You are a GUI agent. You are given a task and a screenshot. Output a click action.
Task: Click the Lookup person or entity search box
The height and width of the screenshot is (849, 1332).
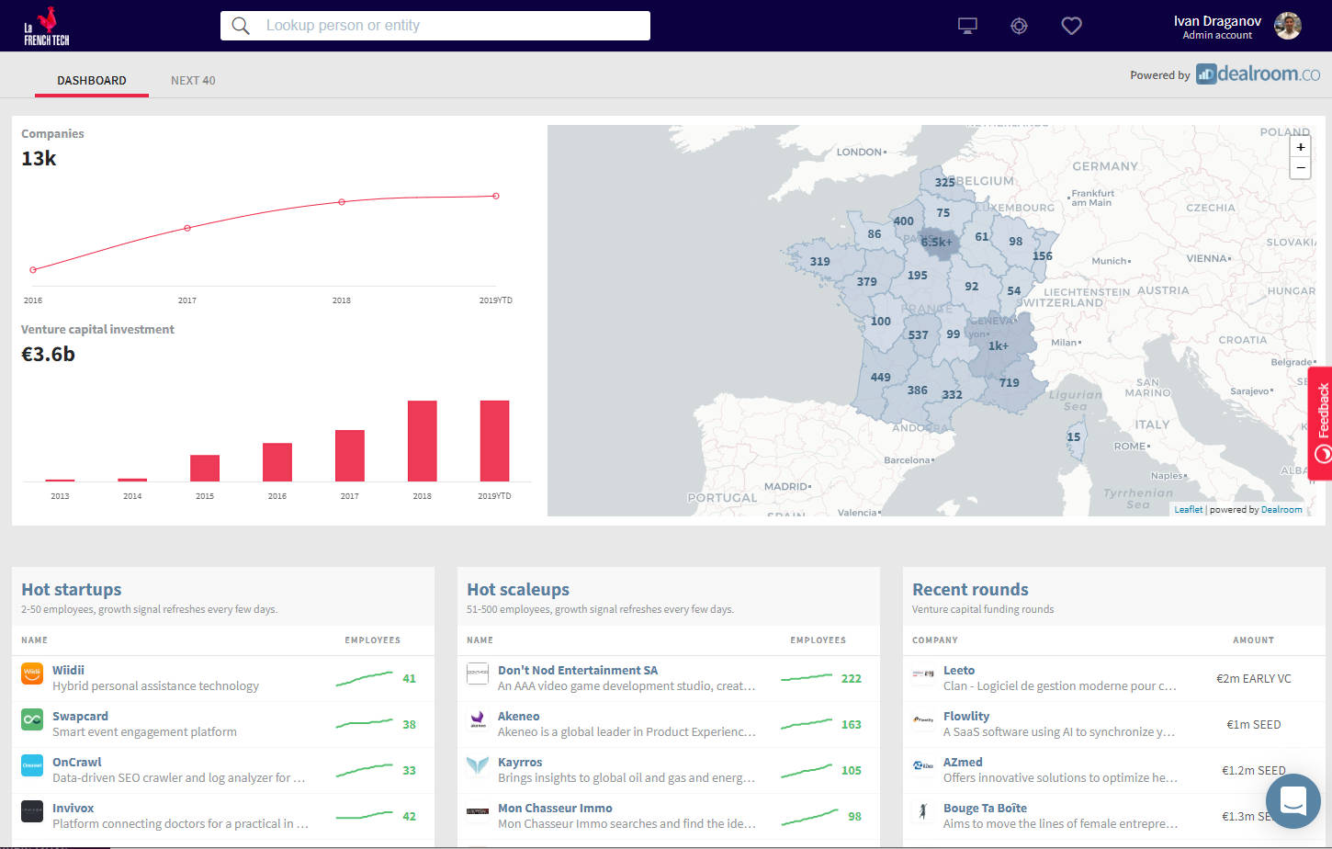[x=435, y=26]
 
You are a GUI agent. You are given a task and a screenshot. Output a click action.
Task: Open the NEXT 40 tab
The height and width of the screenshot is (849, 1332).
[x=193, y=81]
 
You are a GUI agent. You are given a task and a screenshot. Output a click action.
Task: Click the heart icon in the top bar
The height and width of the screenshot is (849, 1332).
[x=1071, y=26]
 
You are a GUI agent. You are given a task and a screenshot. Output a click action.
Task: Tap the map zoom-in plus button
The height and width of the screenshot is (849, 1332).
[x=1300, y=147]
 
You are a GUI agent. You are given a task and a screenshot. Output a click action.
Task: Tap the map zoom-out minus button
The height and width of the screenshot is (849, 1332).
[x=1300, y=168]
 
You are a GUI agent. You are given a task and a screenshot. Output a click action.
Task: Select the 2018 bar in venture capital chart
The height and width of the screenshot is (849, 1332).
[x=422, y=440]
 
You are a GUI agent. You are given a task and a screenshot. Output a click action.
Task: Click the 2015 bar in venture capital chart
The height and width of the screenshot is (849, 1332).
[x=205, y=468]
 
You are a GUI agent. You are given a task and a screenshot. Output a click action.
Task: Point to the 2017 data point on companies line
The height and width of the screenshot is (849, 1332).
[x=187, y=228]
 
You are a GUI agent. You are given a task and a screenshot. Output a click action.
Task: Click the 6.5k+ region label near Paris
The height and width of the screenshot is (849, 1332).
[x=936, y=243]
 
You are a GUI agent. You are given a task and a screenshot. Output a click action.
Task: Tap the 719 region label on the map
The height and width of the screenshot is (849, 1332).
[x=1009, y=383]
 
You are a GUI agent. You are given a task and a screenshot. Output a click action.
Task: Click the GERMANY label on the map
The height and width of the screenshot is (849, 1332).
[x=1105, y=166]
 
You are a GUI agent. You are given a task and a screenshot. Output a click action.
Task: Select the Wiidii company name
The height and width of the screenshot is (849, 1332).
[x=68, y=671]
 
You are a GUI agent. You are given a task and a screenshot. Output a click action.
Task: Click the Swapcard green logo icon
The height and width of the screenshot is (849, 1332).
[x=32, y=719]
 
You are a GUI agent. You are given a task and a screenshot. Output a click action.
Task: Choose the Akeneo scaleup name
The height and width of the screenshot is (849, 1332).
[x=518, y=717]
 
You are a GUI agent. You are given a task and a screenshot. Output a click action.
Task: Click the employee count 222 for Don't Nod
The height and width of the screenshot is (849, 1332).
[x=851, y=679]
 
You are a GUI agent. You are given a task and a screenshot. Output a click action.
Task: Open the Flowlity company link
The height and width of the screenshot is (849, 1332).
[x=966, y=717]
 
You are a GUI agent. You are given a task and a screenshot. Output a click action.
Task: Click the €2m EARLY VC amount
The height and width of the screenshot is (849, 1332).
[x=1253, y=679]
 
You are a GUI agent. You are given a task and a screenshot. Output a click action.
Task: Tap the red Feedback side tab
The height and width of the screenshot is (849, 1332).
[x=1321, y=423]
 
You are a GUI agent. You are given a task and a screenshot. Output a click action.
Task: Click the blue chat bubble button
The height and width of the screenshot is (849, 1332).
[x=1292, y=801]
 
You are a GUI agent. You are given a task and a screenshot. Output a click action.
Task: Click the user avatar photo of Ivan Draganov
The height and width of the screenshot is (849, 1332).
[x=1288, y=26]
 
